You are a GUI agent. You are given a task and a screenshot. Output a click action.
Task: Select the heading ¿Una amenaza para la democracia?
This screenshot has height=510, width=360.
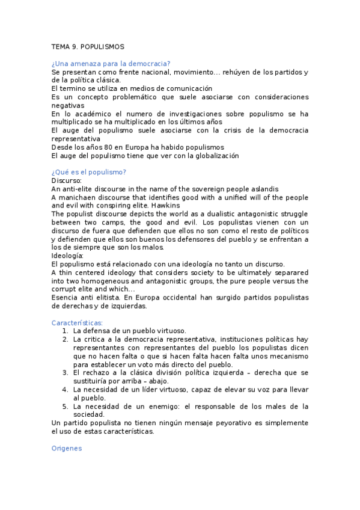click(x=111, y=63)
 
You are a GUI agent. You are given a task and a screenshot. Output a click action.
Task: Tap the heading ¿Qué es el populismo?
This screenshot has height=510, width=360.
click(x=89, y=171)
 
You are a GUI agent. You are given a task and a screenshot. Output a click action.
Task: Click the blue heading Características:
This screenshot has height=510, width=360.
click(x=77, y=322)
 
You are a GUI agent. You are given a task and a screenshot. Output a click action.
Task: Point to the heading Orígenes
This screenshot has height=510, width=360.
click(x=66, y=448)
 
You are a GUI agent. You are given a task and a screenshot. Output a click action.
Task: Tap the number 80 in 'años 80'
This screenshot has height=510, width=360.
click(x=99, y=147)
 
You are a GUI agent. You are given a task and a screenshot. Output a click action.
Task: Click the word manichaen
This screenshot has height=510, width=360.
click(x=78, y=197)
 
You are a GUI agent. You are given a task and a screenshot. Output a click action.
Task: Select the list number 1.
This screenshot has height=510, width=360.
click(x=65, y=331)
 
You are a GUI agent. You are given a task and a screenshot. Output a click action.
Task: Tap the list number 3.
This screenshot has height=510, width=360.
click(x=65, y=373)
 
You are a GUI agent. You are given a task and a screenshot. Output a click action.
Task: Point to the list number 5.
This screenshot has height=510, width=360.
click(x=65, y=406)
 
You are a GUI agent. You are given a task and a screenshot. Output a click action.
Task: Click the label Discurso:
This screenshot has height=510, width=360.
click(x=67, y=180)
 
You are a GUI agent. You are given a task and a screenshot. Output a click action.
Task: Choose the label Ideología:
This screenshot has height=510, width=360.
click(x=69, y=256)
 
